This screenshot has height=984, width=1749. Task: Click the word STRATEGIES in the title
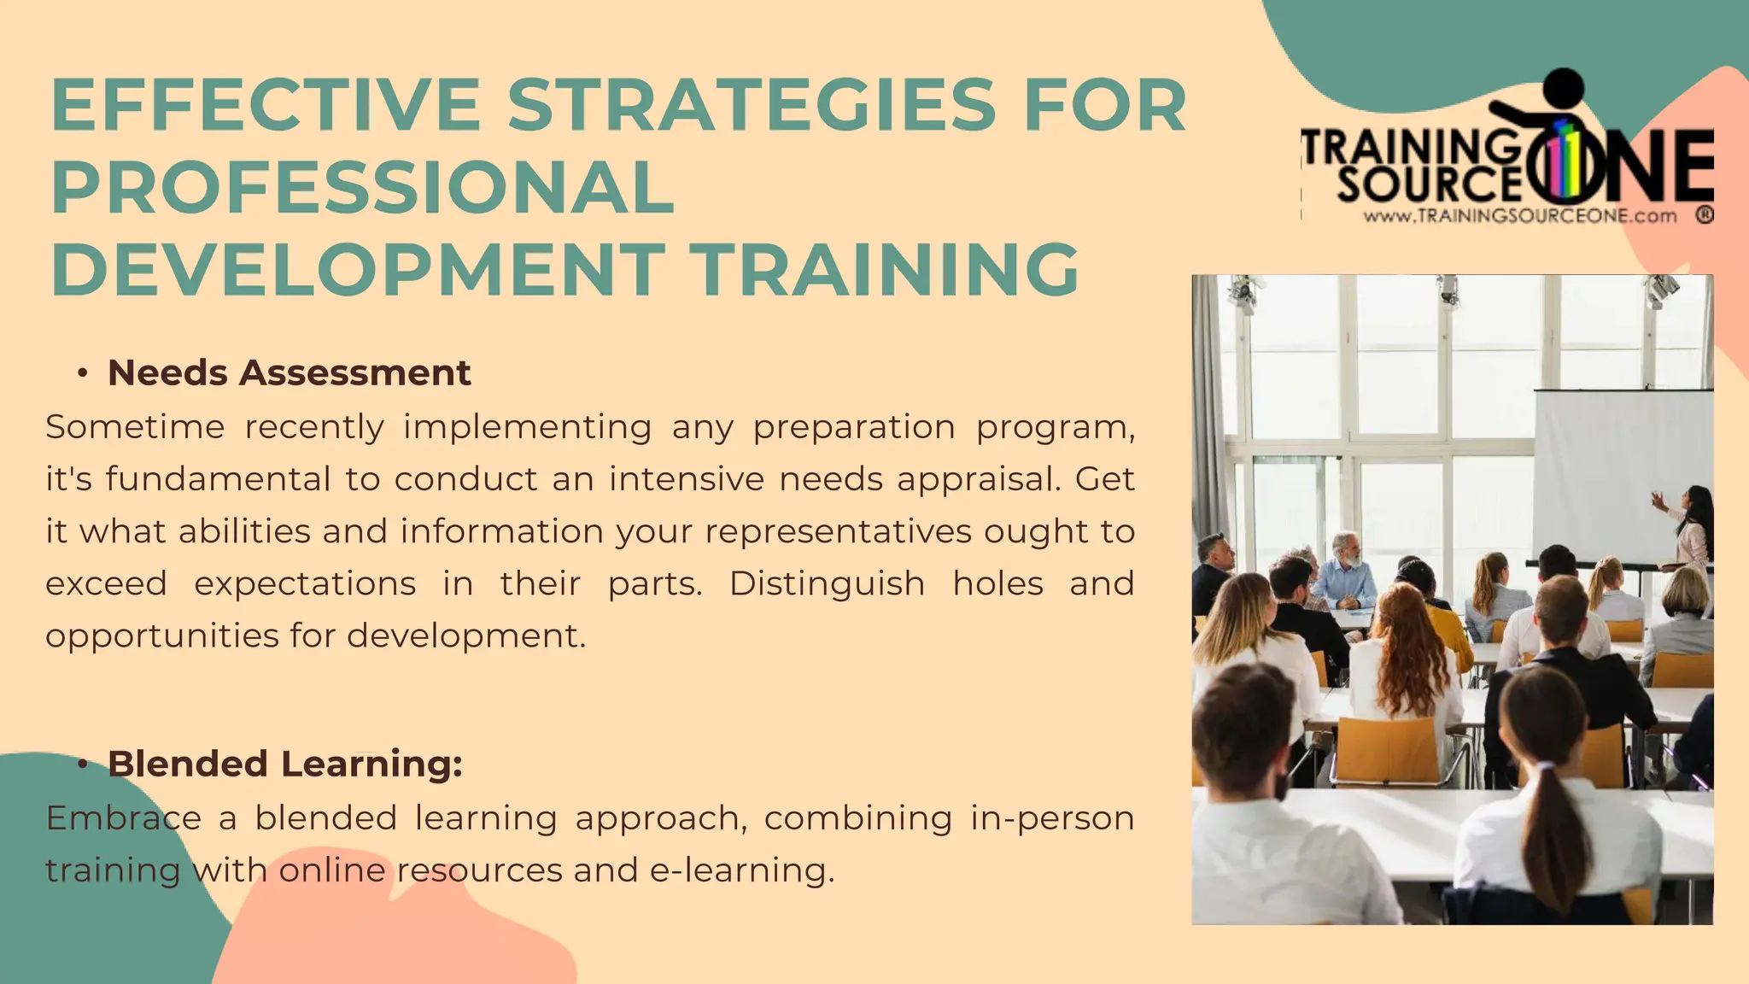click(x=752, y=105)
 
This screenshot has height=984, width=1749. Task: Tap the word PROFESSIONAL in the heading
click(x=363, y=188)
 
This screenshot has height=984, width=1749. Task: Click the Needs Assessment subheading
click(x=289, y=373)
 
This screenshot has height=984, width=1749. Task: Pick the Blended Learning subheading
click(x=284, y=764)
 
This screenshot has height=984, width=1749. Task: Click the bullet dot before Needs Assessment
click(x=82, y=373)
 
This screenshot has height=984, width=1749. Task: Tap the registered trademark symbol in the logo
click(x=1705, y=215)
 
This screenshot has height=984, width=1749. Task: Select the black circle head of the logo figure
click(x=1565, y=88)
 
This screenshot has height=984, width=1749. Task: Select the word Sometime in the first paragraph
click(x=135, y=426)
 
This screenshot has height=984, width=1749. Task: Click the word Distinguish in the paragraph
click(x=827, y=583)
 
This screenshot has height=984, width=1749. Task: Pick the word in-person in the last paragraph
click(x=1052, y=818)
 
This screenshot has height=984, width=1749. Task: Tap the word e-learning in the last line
click(x=741, y=870)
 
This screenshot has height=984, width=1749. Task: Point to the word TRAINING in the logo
click(x=1409, y=148)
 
